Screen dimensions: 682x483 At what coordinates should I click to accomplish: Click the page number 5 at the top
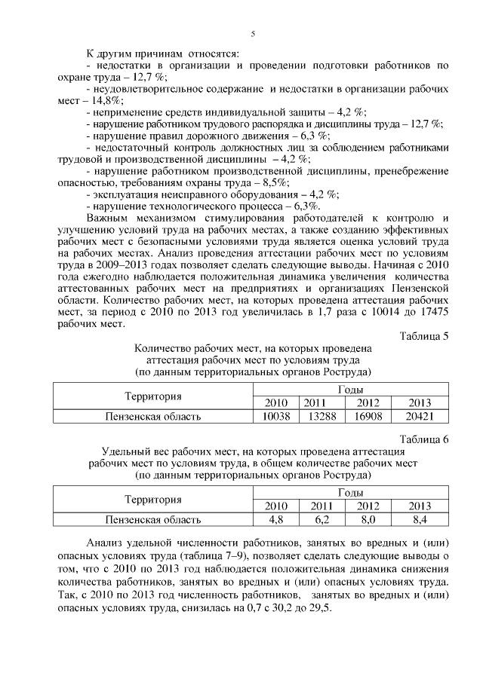click(x=253, y=32)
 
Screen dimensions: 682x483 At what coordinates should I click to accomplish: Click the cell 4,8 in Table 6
click(x=276, y=519)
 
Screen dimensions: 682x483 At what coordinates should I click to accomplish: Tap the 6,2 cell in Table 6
click(x=321, y=519)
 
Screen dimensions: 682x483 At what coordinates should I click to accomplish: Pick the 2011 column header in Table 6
click(x=321, y=506)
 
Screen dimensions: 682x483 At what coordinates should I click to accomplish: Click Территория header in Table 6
click(x=153, y=499)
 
